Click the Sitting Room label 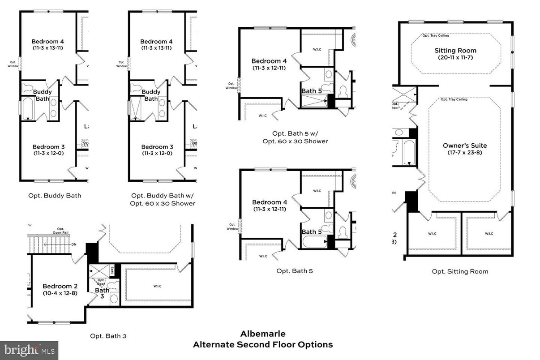click(x=455, y=51)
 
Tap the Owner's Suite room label click(x=464, y=146)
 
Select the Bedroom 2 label click(x=57, y=286)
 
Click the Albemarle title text click(x=262, y=334)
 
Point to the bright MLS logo click(x=29, y=350)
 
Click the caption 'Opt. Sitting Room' click(x=460, y=271)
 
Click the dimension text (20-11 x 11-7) click(x=455, y=58)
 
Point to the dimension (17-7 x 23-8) click(x=464, y=153)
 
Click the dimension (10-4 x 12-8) click(x=57, y=293)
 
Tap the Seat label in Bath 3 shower click(x=112, y=270)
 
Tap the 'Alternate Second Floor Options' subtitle click(x=262, y=345)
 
